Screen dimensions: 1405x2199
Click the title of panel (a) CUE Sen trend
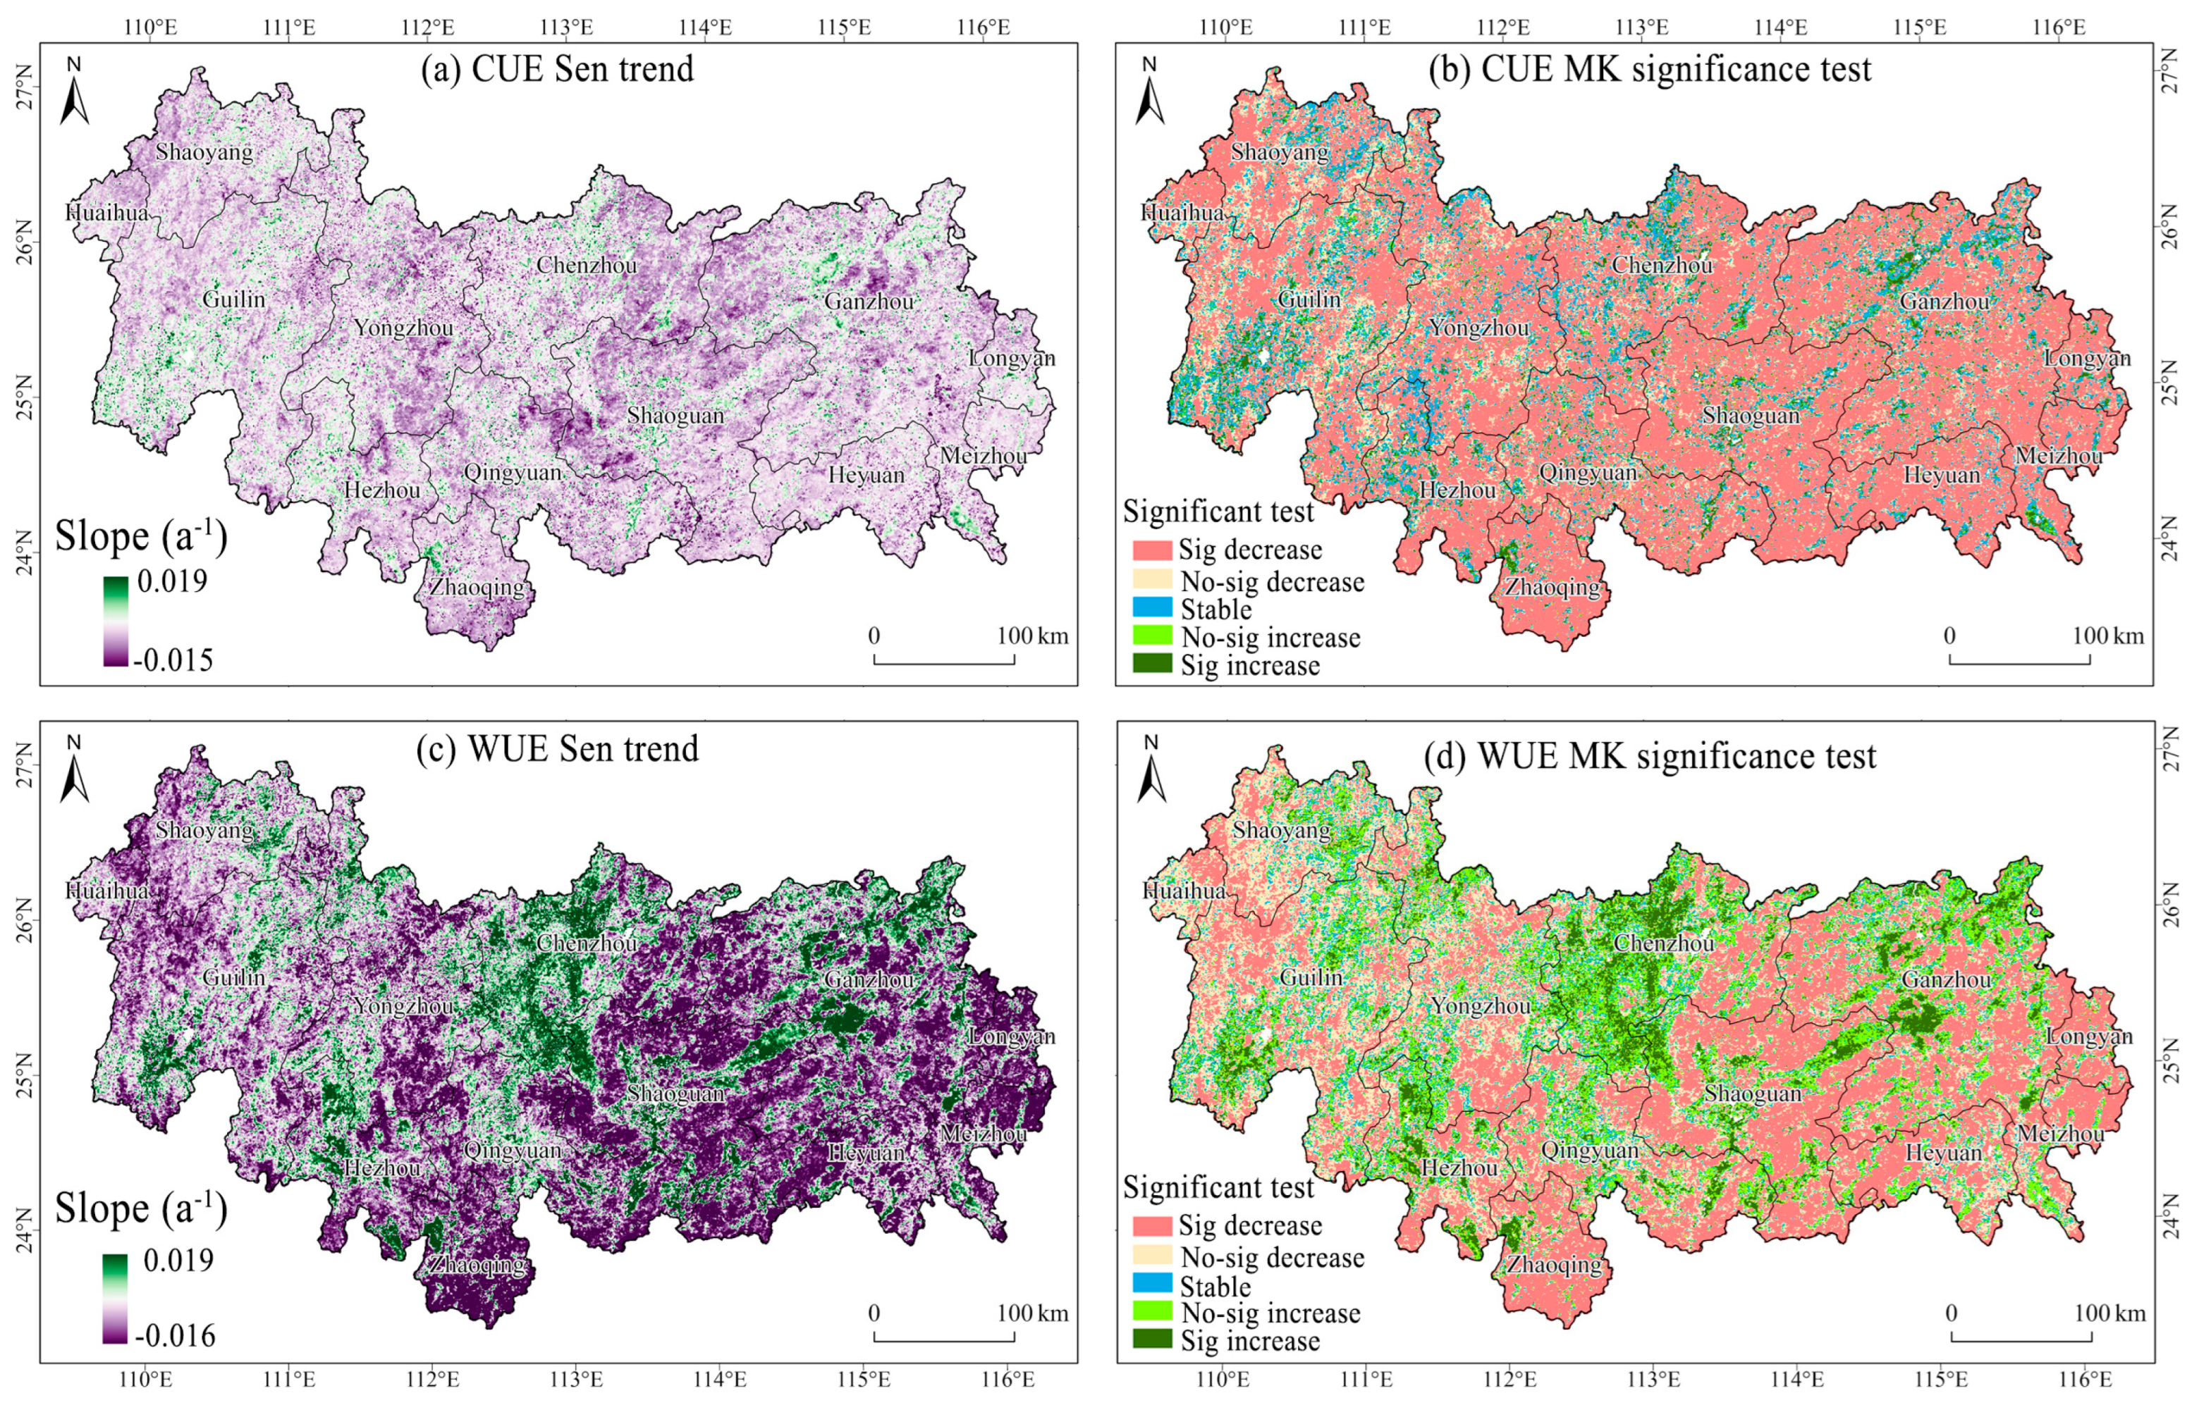click(557, 69)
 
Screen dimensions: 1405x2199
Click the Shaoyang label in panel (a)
click(204, 151)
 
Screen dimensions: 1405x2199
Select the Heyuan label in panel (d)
click(1943, 1153)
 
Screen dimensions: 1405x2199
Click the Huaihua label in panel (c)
click(108, 890)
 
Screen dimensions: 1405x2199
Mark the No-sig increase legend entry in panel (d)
click(1269, 1313)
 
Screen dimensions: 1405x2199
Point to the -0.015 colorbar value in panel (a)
click(173, 659)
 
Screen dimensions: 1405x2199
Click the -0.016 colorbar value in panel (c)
click(176, 1336)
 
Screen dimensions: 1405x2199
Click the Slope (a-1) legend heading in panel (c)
click(142, 1208)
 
